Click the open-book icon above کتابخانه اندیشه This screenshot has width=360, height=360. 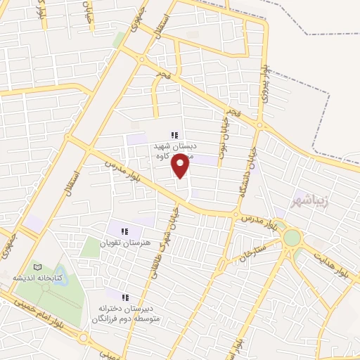tap(38, 267)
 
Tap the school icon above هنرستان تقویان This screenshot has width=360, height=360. tap(124, 231)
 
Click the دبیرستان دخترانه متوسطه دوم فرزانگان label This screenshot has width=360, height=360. tap(126, 314)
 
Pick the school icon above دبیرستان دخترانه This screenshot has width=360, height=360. tap(126, 298)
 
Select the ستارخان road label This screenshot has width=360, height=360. tap(250, 252)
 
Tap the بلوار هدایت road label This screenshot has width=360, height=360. tap(330, 259)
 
